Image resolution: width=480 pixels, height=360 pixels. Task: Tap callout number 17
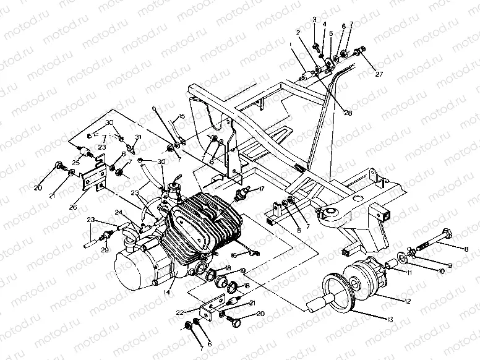[262, 189]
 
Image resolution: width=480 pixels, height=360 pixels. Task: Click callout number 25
[75, 163]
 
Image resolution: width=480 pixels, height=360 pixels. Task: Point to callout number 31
[139, 137]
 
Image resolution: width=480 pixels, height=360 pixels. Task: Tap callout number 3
[314, 20]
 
